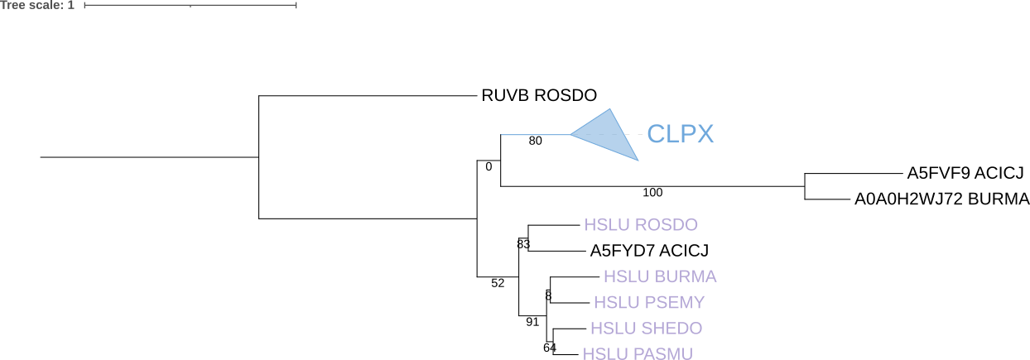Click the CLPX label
[x=680, y=134]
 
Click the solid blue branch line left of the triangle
[x=535, y=134]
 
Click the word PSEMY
[x=675, y=303]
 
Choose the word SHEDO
[x=671, y=329]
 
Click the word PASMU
[x=662, y=354]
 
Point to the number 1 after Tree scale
[x=71, y=5]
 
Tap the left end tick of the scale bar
[x=84, y=5]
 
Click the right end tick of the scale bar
[x=296, y=5]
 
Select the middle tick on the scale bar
[x=190, y=5]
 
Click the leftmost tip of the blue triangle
[x=571, y=134]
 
